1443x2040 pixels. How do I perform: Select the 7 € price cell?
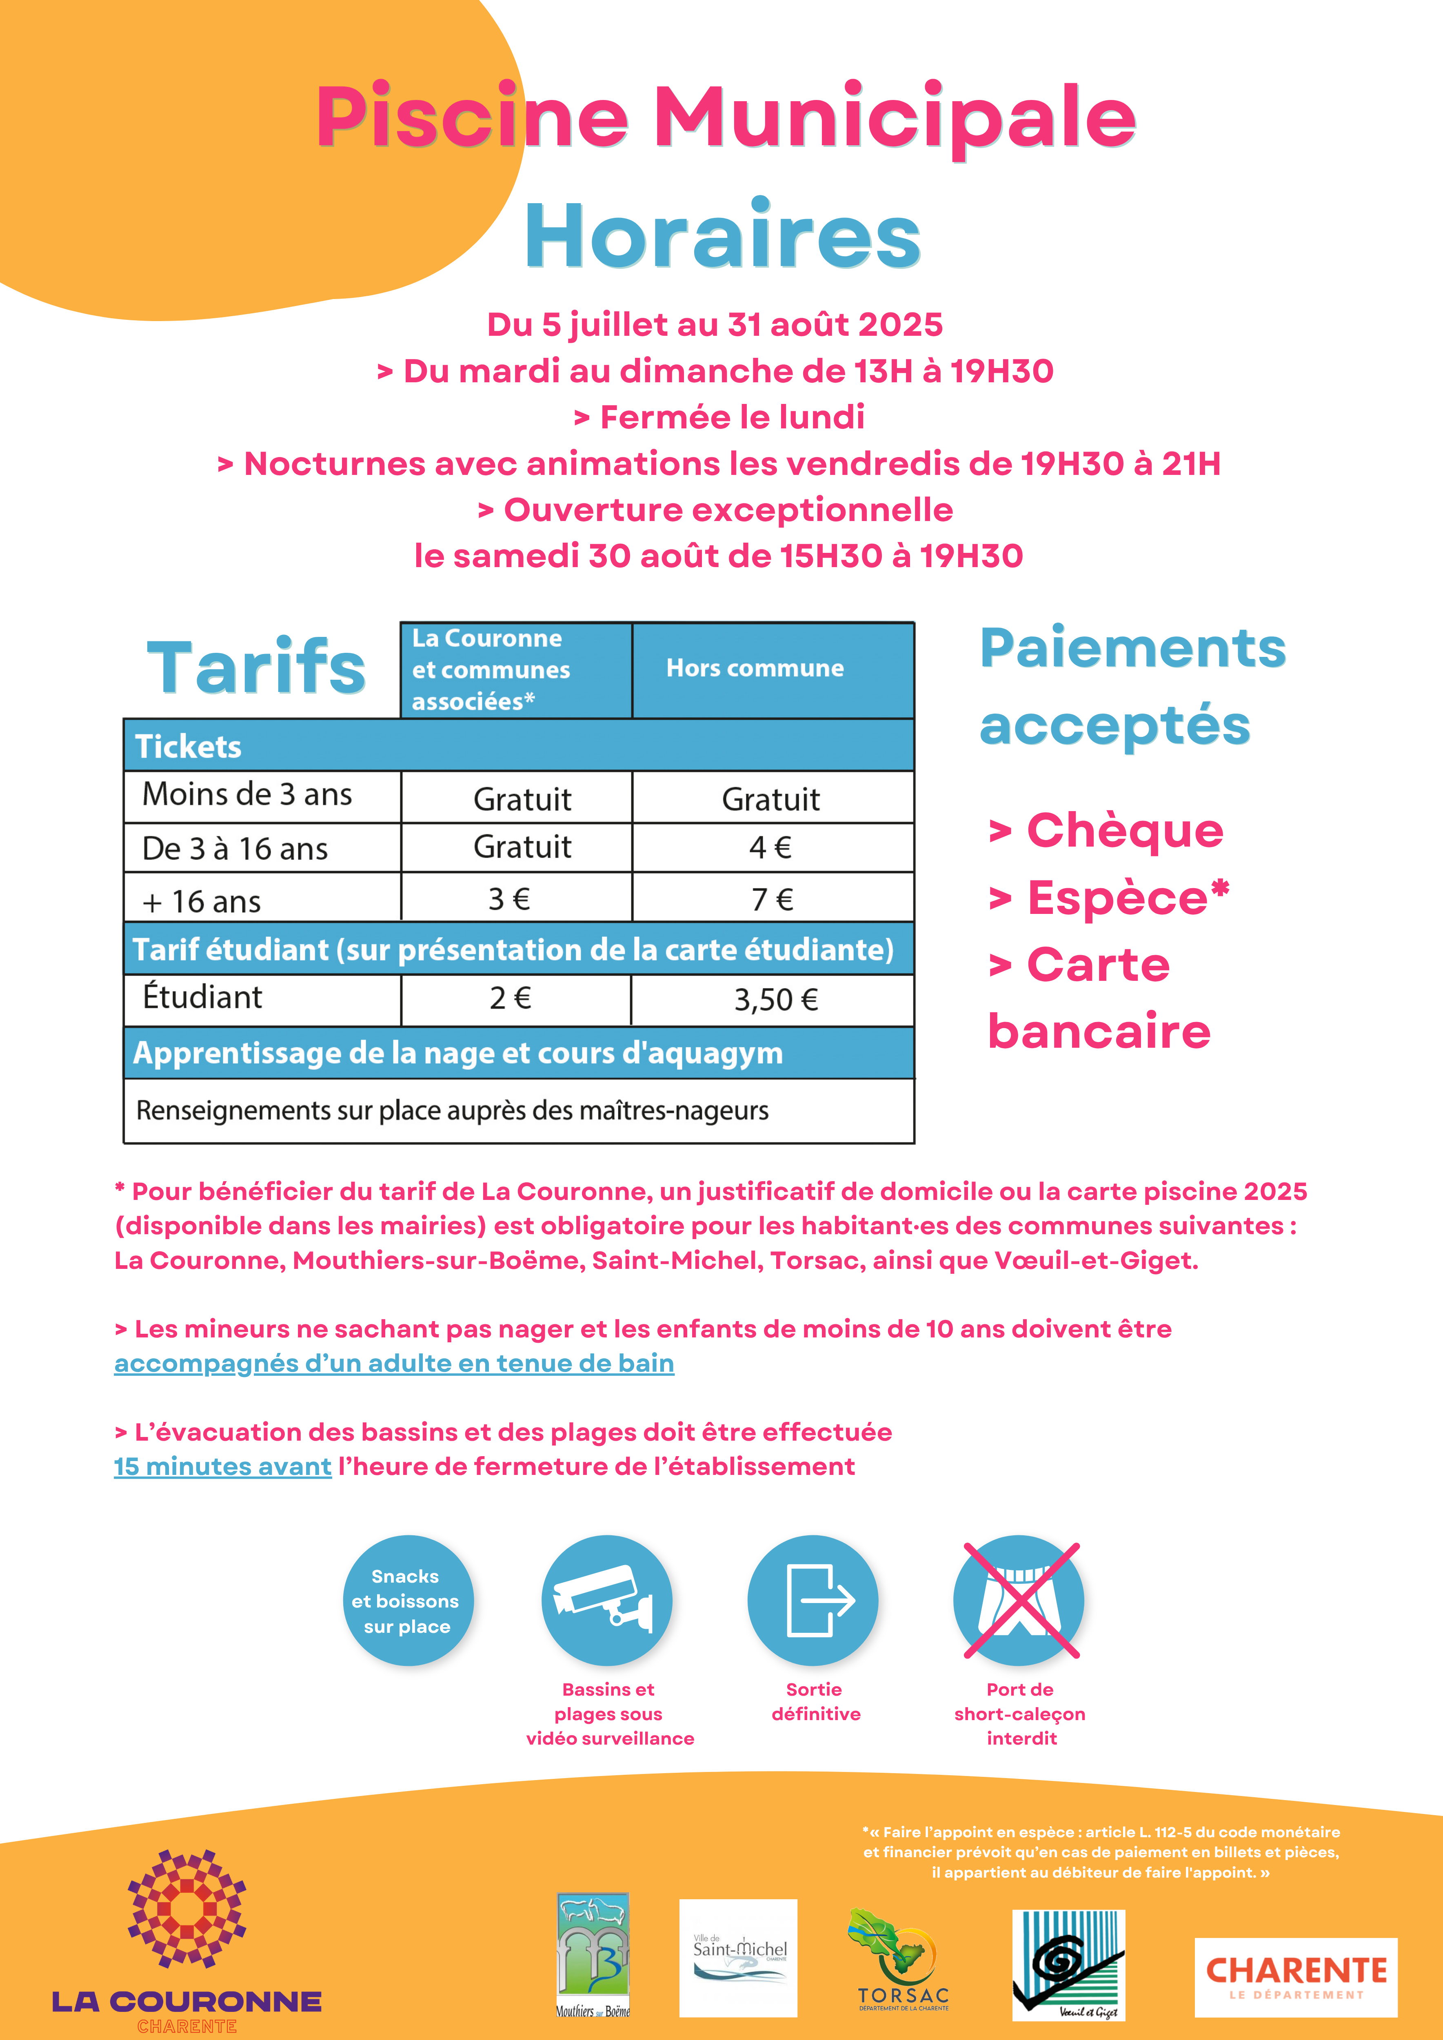[x=771, y=899]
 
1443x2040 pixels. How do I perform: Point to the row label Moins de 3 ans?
[x=247, y=794]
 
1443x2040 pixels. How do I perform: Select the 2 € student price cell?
[x=510, y=999]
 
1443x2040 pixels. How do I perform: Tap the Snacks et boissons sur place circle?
[x=407, y=1601]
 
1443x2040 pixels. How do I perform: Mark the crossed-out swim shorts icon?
[x=1019, y=1601]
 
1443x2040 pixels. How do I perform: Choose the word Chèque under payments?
[x=1124, y=831]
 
